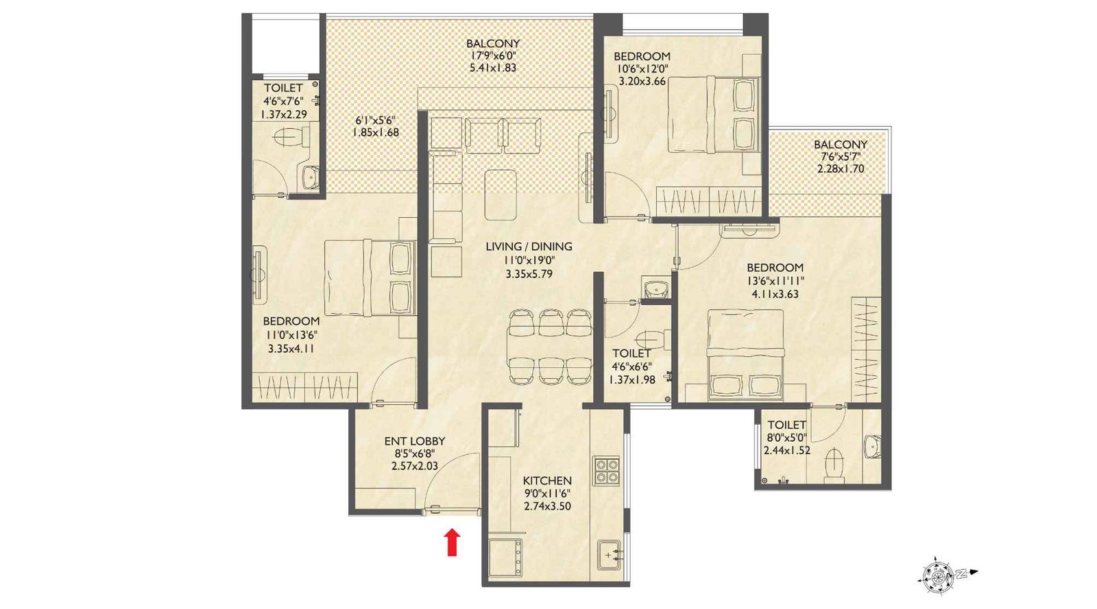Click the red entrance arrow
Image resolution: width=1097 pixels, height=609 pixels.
pos(452,541)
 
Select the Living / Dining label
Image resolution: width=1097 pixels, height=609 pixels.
pos(529,247)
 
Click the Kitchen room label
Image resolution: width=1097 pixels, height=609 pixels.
pos(547,480)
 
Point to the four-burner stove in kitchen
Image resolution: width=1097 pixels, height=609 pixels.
pos(607,471)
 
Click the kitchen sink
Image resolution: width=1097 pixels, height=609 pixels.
pos(610,554)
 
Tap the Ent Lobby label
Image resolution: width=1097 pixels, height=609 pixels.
pos(414,441)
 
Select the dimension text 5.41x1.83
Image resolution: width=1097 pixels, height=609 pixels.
pos(492,68)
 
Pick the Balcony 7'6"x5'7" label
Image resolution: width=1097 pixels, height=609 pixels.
pos(841,145)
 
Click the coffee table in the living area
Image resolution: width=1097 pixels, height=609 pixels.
pos(501,195)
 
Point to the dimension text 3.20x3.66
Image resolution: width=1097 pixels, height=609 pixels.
pos(642,81)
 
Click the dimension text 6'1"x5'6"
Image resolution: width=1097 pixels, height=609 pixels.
pos(374,120)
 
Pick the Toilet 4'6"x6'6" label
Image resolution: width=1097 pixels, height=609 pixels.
pos(631,353)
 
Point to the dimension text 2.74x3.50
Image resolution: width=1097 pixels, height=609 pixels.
pos(547,506)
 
